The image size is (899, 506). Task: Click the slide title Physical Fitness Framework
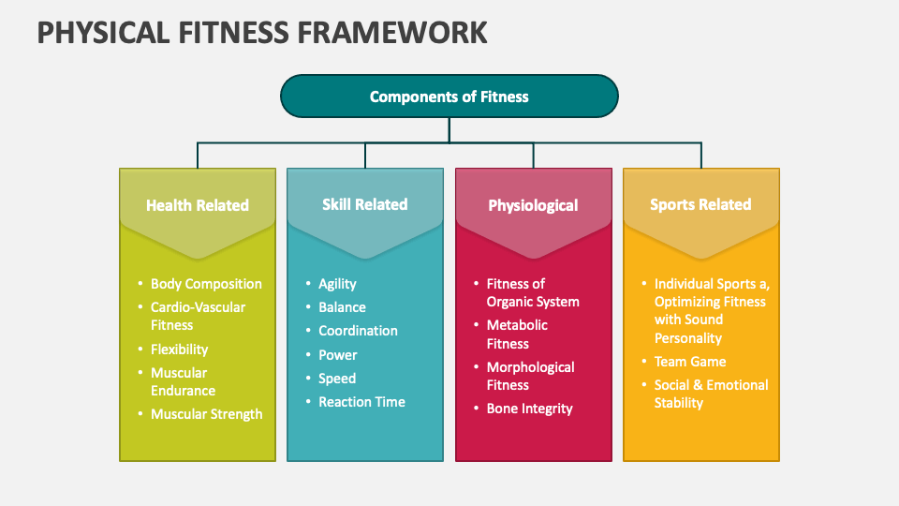pos(262,32)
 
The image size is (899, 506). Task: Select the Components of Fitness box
pos(449,97)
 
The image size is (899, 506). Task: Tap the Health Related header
pos(198,205)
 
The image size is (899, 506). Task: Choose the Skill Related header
pos(365,204)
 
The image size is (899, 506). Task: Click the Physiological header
pos(533,205)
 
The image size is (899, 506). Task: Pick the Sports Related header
pos(700,204)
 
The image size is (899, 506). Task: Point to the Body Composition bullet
pos(206,284)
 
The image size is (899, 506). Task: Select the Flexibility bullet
pos(179,349)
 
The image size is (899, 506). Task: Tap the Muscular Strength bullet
pos(206,413)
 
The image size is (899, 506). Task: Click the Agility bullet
pos(337,284)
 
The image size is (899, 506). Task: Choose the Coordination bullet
pos(358,331)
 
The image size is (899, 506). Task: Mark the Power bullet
pos(338,355)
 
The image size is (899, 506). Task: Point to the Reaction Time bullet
pos(361,402)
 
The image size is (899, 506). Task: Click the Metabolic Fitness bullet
pos(517,335)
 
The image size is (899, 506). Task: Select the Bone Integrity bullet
pos(529,409)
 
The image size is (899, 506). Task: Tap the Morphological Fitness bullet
pos(530,376)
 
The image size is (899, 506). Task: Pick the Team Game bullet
pos(690,362)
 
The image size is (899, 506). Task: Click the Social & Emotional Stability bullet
pos(711,394)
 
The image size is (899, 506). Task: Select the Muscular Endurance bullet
pos(184,381)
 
